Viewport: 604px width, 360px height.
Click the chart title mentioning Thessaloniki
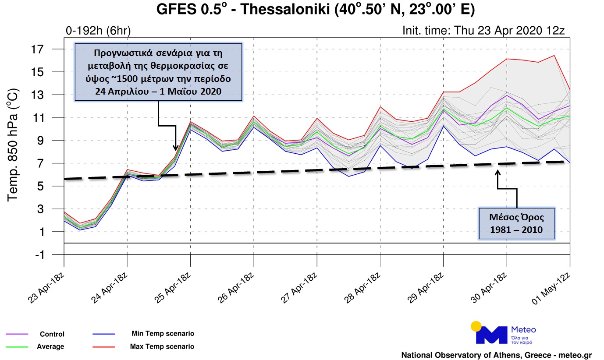tap(315, 10)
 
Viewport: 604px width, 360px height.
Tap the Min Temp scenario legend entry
tap(163, 334)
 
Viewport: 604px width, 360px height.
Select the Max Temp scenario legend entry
tap(162, 346)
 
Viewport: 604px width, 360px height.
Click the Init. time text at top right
tap(483, 31)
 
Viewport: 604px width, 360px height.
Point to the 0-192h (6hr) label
tap(98, 31)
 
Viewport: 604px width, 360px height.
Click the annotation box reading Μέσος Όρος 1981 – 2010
tap(516, 223)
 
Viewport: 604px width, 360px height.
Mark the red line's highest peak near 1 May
tap(554, 55)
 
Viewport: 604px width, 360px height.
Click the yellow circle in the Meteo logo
tap(476, 326)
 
